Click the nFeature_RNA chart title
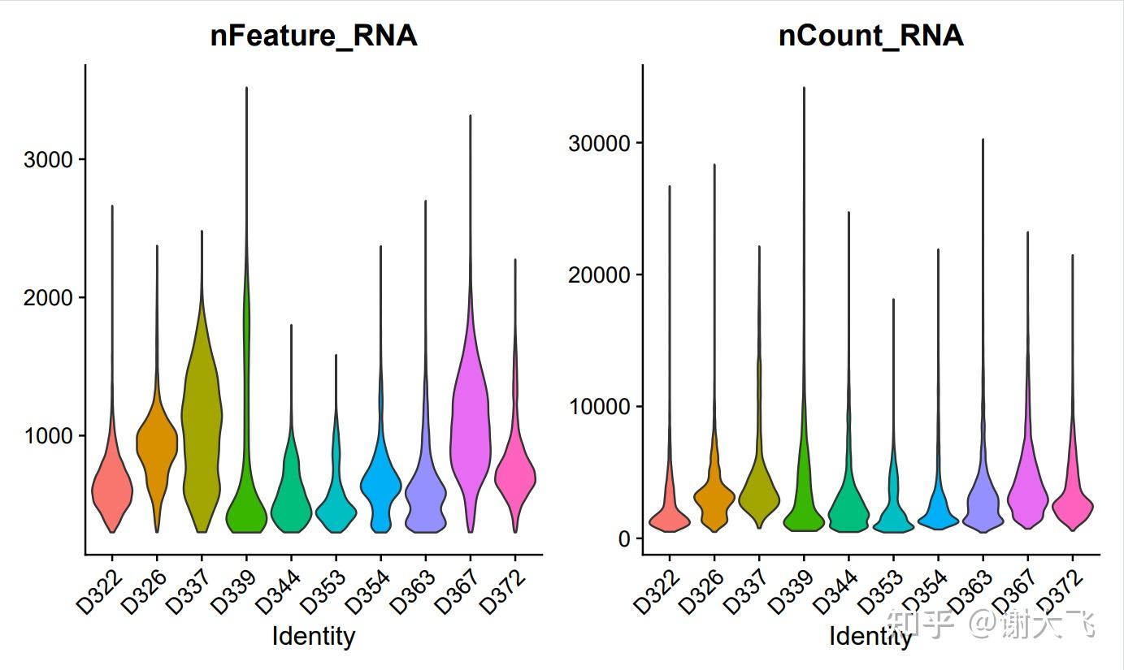pyautogui.click(x=313, y=36)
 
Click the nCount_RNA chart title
pyautogui.click(x=870, y=36)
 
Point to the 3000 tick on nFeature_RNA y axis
pyautogui.click(x=49, y=159)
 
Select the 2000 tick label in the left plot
pyautogui.click(x=49, y=297)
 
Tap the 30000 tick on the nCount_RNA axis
pyautogui.click(x=600, y=143)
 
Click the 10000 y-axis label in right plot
pyautogui.click(x=600, y=406)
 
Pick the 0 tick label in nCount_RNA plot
pyautogui.click(x=624, y=538)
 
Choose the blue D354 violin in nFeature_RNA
pyautogui.click(x=380, y=487)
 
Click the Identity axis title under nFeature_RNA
pyautogui.click(x=313, y=635)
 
